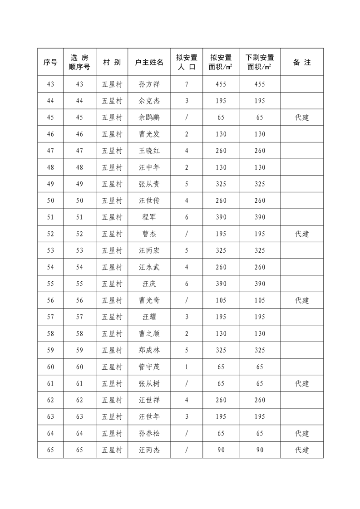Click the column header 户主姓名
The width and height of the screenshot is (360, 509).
[149, 62]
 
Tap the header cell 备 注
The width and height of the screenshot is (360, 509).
[302, 62]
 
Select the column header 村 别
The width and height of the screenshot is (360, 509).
[112, 62]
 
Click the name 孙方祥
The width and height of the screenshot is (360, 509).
[149, 84]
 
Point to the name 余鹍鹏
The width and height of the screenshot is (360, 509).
[149, 117]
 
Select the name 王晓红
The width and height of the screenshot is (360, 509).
[149, 151]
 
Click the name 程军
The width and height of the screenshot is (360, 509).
[149, 217]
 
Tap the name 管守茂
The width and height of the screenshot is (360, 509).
[149, 367]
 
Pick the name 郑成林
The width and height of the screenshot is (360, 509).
[149, 350]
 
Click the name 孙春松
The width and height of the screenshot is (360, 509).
[149, 433]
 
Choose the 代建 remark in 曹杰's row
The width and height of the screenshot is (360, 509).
[302, 234]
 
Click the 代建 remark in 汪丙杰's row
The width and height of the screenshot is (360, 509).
[302, 450]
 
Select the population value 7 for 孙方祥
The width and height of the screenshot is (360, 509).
[187, 84]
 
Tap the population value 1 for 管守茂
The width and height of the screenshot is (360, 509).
[187, 367]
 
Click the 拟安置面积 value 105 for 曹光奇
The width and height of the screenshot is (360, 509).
[221, 300]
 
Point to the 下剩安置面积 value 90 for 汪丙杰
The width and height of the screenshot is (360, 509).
[260, 450]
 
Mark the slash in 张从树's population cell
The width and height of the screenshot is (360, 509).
[187, 383]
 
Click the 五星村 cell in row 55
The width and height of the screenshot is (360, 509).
[112, 284]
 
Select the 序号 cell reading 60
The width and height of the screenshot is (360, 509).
[50, 367]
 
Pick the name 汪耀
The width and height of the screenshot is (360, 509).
[149, 317]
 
